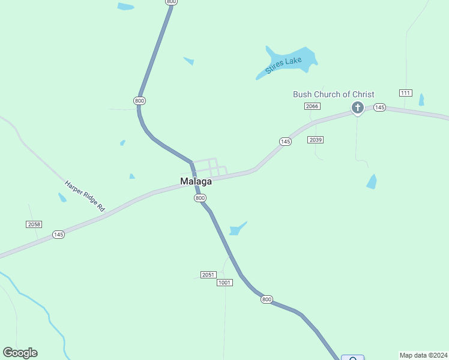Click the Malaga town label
[x=196, y=181]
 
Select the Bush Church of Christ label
[x=333, y=94]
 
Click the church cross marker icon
[x=357, y=108]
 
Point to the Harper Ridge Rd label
[x=85, y=196]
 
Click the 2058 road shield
[x=34, y=224]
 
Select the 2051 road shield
[x=208, y=275]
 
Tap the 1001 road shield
[x=224, y=283]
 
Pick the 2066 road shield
[x=312, y=106]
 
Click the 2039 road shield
[x=316, y=140]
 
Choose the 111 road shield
[x=405, y=92]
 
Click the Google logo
[x=20, y=353]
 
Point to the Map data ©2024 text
[x=423, y=355]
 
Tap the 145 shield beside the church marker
[x=379, y=107]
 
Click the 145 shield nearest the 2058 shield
[x=58, y=235]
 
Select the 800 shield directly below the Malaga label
[x=200, y=198]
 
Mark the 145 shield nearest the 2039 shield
[x=285, y=142]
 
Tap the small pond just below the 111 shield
[x=421, y=100]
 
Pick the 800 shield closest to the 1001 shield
[x=267, y=299]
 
